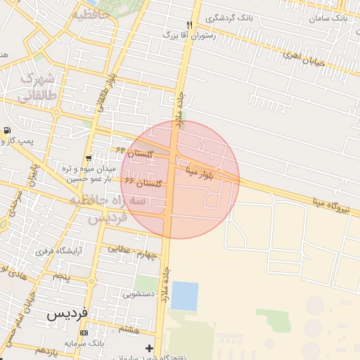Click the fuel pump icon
7,130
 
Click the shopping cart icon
88,157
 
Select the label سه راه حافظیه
108,202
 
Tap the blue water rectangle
185,296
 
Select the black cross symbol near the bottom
149,348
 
